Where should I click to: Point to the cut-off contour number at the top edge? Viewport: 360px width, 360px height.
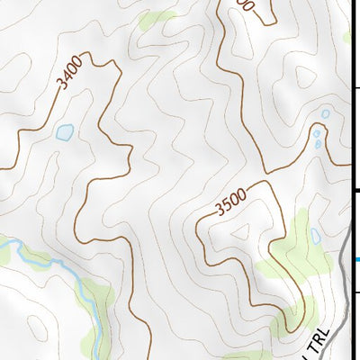point(244,6)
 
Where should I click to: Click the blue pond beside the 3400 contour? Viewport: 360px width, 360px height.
point(64,132)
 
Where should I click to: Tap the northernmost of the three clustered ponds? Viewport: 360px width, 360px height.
point(325,114)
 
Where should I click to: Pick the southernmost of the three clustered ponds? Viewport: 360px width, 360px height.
point(318,144)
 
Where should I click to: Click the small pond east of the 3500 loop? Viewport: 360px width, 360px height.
point(315,237)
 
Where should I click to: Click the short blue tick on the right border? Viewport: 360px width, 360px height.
point(357,259)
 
